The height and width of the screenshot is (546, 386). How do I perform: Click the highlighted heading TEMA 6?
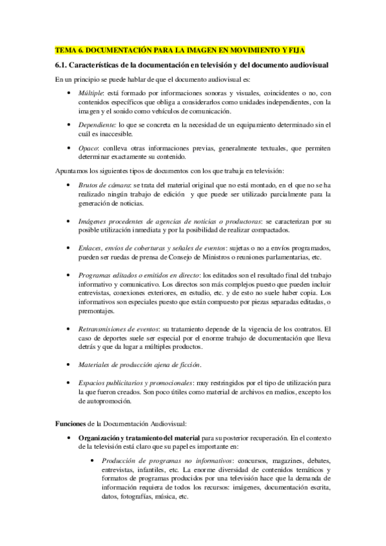180,50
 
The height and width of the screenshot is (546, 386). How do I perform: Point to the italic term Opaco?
89,147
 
